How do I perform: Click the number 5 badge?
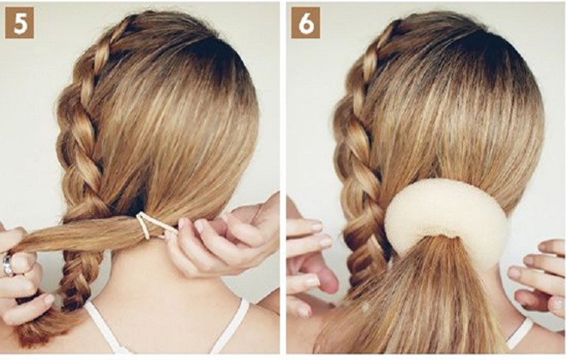coord(20,23)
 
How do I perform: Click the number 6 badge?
coord(306,23)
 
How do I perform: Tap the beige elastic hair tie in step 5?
coord(152,225)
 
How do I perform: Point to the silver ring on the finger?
coord(8,265)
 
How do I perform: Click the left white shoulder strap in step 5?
coord(105,327)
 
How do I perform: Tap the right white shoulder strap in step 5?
coord(231,325)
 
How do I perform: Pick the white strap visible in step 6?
coord(520,333)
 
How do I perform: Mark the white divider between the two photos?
coord(283,180)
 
